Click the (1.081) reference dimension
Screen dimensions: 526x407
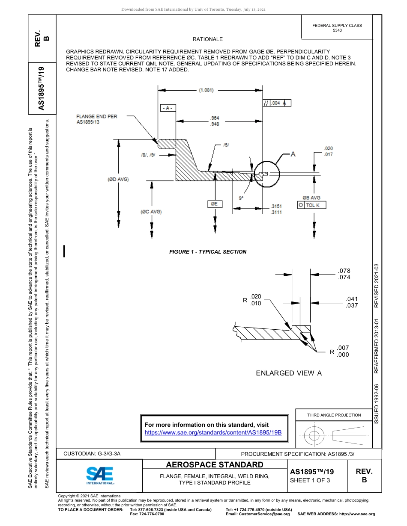pos(206,90)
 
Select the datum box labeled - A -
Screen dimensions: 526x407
pos(168,108)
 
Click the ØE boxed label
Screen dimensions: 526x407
pos(215,204)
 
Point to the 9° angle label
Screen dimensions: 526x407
pos(241,198)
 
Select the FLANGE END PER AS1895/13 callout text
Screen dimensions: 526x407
pos(96,119)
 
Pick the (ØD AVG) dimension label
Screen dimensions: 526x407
pos(118,179)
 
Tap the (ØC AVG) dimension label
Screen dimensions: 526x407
pos(151,212)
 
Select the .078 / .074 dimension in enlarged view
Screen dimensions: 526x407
pos(344,274)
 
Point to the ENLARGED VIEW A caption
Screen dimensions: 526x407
pos(289,373)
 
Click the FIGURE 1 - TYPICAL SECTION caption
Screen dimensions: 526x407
pos(208,252)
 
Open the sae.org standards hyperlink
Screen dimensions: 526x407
pos(213,432)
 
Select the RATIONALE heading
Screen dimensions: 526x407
pos(208,39)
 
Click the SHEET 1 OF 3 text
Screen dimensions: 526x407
pos(310,480)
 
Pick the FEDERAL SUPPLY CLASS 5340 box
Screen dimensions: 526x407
pos(337,28)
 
